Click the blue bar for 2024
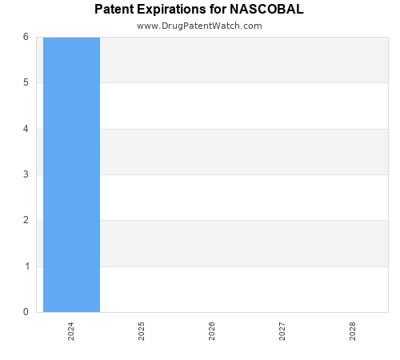[x=71, y=174]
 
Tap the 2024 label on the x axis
[x=71, y=331]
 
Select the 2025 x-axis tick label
[x=142, y=331]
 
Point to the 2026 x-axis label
[x=212, y=331]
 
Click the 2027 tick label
[x=282, y=331]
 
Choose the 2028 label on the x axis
[x=353, y=331]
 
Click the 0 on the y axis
[x=26, y=312]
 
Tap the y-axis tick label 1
[x=26, y=266]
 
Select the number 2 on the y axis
[x=26, y=220]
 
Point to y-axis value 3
[x=26, y=174]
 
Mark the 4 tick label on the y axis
[x=26, y=129]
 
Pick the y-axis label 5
[x=26, y=82]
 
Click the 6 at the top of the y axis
[x=26, y=37]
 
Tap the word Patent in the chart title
[x=114, y=10]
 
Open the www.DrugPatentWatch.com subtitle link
[x=199, y=26]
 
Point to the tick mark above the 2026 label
[x=212, y=315]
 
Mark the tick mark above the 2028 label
[x=353, y=315]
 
